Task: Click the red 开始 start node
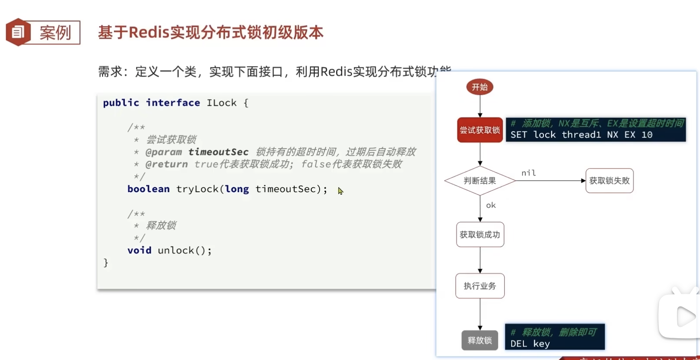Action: point(480,87)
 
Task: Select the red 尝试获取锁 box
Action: point(480,130)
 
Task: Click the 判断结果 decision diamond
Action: point(480,180)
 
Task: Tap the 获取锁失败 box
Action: point(609,180)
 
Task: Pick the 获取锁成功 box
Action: point(480,235)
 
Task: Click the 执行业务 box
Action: point(480,286)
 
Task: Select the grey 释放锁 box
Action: point(480,340)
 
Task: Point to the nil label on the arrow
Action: point(529,173)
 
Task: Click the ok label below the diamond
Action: point(491,205)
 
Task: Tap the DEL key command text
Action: point(530,343)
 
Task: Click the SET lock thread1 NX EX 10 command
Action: point(581,135)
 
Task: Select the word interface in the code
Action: point(173,103)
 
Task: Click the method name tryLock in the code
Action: point(197,189)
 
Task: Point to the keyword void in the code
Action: point(139,250)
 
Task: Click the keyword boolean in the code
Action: point(148,189)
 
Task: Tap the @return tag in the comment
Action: point(167,164)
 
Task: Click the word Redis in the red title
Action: point(149,32)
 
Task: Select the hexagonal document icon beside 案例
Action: point(18,32)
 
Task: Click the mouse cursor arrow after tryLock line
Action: point(340,191)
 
